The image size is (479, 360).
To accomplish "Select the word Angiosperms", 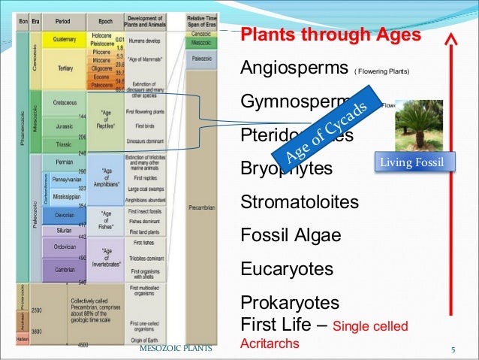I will (x=294, y=69).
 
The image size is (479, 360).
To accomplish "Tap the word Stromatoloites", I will (x=299, y=202).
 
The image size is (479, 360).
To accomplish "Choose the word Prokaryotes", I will (x=290, y=303).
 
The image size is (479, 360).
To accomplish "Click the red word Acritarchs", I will (x=269, y=343).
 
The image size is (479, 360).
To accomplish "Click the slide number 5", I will (x=453, y=349).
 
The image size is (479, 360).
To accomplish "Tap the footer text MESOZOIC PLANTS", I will (x=176, y=349).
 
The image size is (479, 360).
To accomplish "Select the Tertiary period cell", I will (x=65, y=68).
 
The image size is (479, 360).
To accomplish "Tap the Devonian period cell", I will (x=64, y=214).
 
